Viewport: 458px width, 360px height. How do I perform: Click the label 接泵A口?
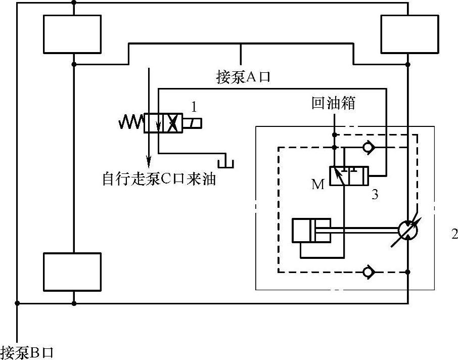tap(244, 77)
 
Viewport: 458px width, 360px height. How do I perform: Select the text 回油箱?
tap(334, 104)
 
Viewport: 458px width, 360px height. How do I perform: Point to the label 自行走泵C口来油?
tap(159, 179)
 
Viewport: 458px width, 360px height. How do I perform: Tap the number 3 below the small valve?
tap(375, 194)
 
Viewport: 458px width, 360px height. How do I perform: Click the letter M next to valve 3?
tap(317, 185)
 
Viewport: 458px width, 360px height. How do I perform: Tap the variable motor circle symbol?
tap(408, 230)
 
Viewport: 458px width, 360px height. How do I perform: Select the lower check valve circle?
tap(368, 272)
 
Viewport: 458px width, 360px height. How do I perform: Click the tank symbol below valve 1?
tap(225, 162)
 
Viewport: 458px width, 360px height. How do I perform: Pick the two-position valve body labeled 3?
tap(348, 175)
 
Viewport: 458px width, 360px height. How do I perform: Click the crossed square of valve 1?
tap(172, 123)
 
